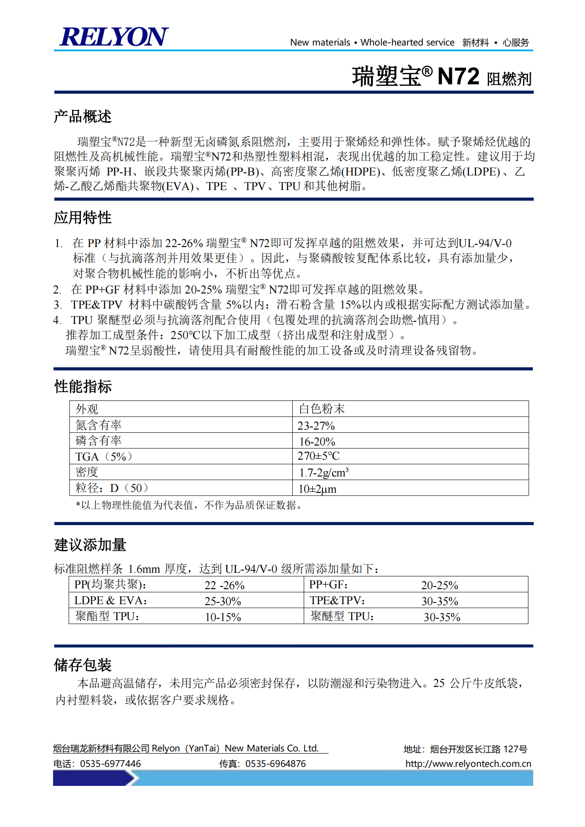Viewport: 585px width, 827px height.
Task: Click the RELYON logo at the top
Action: click(x=114, y=37)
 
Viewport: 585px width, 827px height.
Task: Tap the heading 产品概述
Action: click(x=83, y=117)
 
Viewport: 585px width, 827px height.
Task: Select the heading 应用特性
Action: click(x=83, y=217)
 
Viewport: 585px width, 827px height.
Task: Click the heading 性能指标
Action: click(x=83, y=386)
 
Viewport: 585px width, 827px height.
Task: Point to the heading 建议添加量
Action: click(x=90, y=545)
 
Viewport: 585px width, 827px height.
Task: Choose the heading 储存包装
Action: click(x=83, y=665)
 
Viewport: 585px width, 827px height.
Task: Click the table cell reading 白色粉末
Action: click(x=321, y=409)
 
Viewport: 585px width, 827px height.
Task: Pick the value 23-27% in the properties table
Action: click(x=316, y=426)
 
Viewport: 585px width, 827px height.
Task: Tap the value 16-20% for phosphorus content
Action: click(x=317, y=442)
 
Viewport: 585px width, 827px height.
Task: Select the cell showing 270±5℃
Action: click(x=318, y=456)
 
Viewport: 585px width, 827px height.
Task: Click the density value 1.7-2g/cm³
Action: click(x=324, y=473)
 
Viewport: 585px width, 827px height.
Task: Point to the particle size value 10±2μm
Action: click(x=317, y=489)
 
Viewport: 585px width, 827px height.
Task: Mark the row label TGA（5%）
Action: click(x=104, y=457)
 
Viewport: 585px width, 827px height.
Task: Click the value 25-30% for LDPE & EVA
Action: click(x=223, y=601)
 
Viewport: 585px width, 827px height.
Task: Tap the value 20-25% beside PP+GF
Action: click(x=440, y=585)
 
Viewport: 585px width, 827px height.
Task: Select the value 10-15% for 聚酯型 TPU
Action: click(x=223, y=617)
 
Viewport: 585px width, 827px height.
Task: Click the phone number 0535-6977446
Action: click(x=110, y=764)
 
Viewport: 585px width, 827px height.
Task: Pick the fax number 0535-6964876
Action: click(x=275, y=764)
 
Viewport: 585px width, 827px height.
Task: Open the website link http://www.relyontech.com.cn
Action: click(x=468, y=764)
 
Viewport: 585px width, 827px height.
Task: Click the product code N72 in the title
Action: click(x=458, y=76)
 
